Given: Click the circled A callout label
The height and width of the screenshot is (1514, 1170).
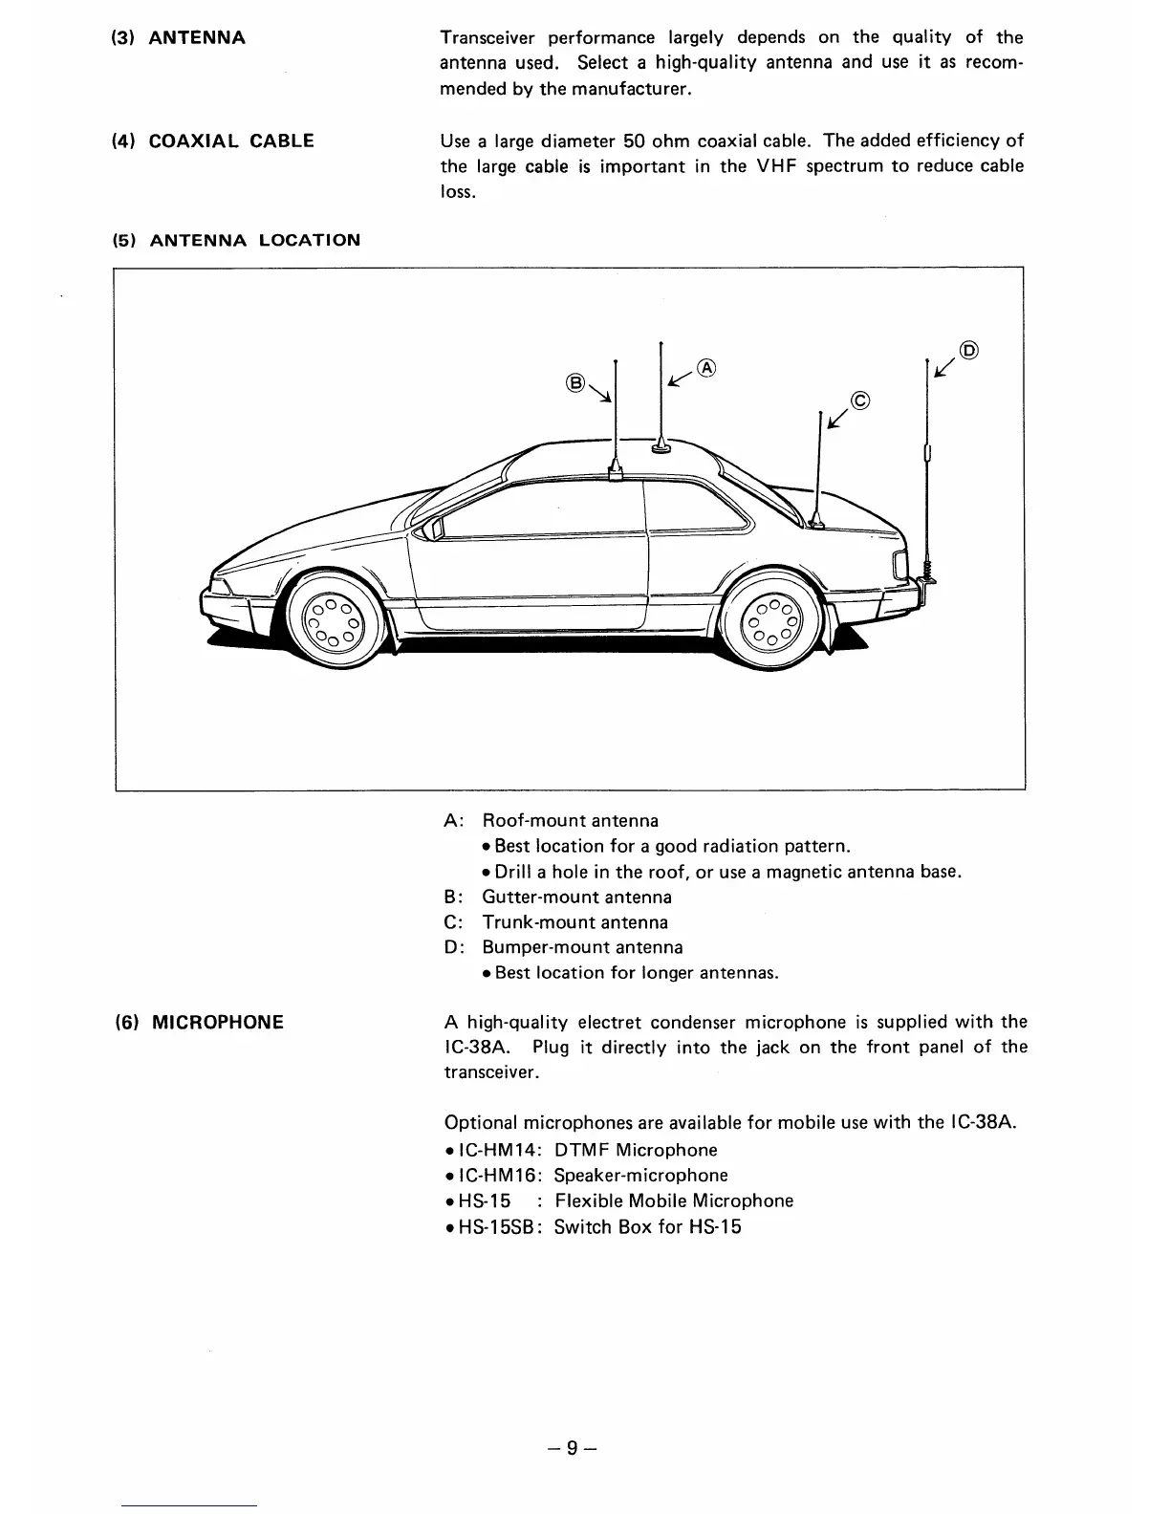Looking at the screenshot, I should pos(706,367).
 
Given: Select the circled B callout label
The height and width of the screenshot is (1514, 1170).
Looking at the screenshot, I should pos(574,383).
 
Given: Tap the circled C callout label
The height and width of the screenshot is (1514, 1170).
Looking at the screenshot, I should pos(859,400).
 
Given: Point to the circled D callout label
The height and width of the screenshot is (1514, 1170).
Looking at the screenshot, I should pos(968,350).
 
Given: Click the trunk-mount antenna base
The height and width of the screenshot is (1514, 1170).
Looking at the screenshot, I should pos(818,519).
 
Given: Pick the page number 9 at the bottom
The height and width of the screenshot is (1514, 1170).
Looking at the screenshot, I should pos(571,1448).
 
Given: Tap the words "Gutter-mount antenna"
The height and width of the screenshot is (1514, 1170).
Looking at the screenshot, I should pos(576,898).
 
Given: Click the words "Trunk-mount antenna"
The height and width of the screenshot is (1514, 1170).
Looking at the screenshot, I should pos(574,923).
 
